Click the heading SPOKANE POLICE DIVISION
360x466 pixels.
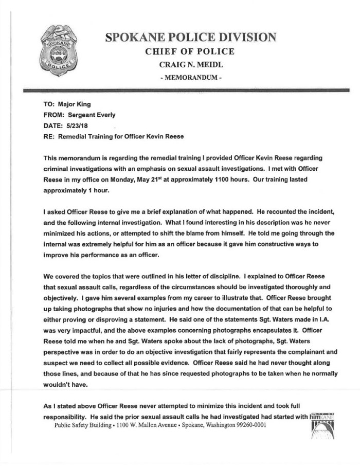coord(190,37)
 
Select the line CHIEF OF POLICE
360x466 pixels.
coord(190,51)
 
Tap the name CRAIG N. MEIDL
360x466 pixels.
coord(190,65)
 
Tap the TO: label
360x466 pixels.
coord(49,104)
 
